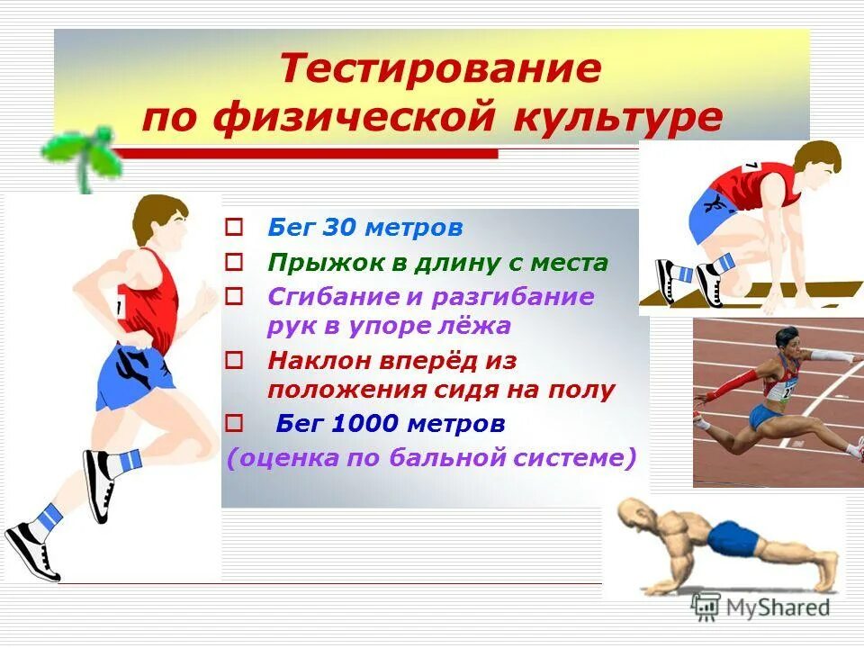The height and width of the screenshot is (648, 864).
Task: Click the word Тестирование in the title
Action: [439, 68]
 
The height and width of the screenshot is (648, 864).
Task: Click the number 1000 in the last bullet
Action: [367, 422]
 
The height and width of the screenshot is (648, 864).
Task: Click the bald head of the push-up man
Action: [636, 515]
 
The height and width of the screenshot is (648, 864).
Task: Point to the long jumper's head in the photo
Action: [787, 340]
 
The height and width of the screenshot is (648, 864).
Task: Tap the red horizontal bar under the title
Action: [306, 153]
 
